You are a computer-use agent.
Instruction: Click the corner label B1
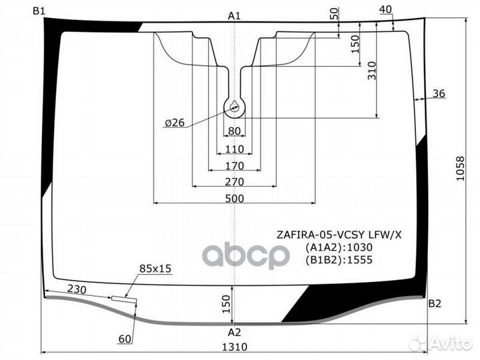click(x=39, y=11)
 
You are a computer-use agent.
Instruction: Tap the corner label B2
click(x=435, y=303)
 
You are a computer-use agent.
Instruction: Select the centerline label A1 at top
click(x=234, y=16)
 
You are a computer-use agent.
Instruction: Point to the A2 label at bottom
click(x=234, y=332)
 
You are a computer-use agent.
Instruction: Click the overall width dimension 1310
click(x=235, y=347)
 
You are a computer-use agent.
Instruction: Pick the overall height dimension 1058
click(x=460, y=169)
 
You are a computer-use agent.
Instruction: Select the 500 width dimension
click(x=235, y=199)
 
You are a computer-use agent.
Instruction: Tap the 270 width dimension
click(x=235, y=182)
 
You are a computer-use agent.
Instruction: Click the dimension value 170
click(x=235, y=166)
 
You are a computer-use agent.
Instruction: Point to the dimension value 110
click(x=235, y=149)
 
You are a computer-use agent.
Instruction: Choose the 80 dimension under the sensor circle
click(x=235, y=131)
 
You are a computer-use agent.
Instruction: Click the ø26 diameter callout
click(x=175, y=123)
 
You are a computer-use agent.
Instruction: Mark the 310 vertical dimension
click(x=371, y=71)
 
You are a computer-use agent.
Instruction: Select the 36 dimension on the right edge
click(x=439, y=93)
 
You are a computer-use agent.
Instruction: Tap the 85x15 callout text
click(x=155, y=269)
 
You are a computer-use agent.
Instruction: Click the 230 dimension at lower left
click(x=77, y=289)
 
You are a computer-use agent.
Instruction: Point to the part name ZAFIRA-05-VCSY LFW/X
click(x=339, y=235)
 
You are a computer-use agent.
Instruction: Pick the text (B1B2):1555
click(x=339, y=260)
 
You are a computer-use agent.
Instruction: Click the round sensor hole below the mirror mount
click(x=235, y=107)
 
